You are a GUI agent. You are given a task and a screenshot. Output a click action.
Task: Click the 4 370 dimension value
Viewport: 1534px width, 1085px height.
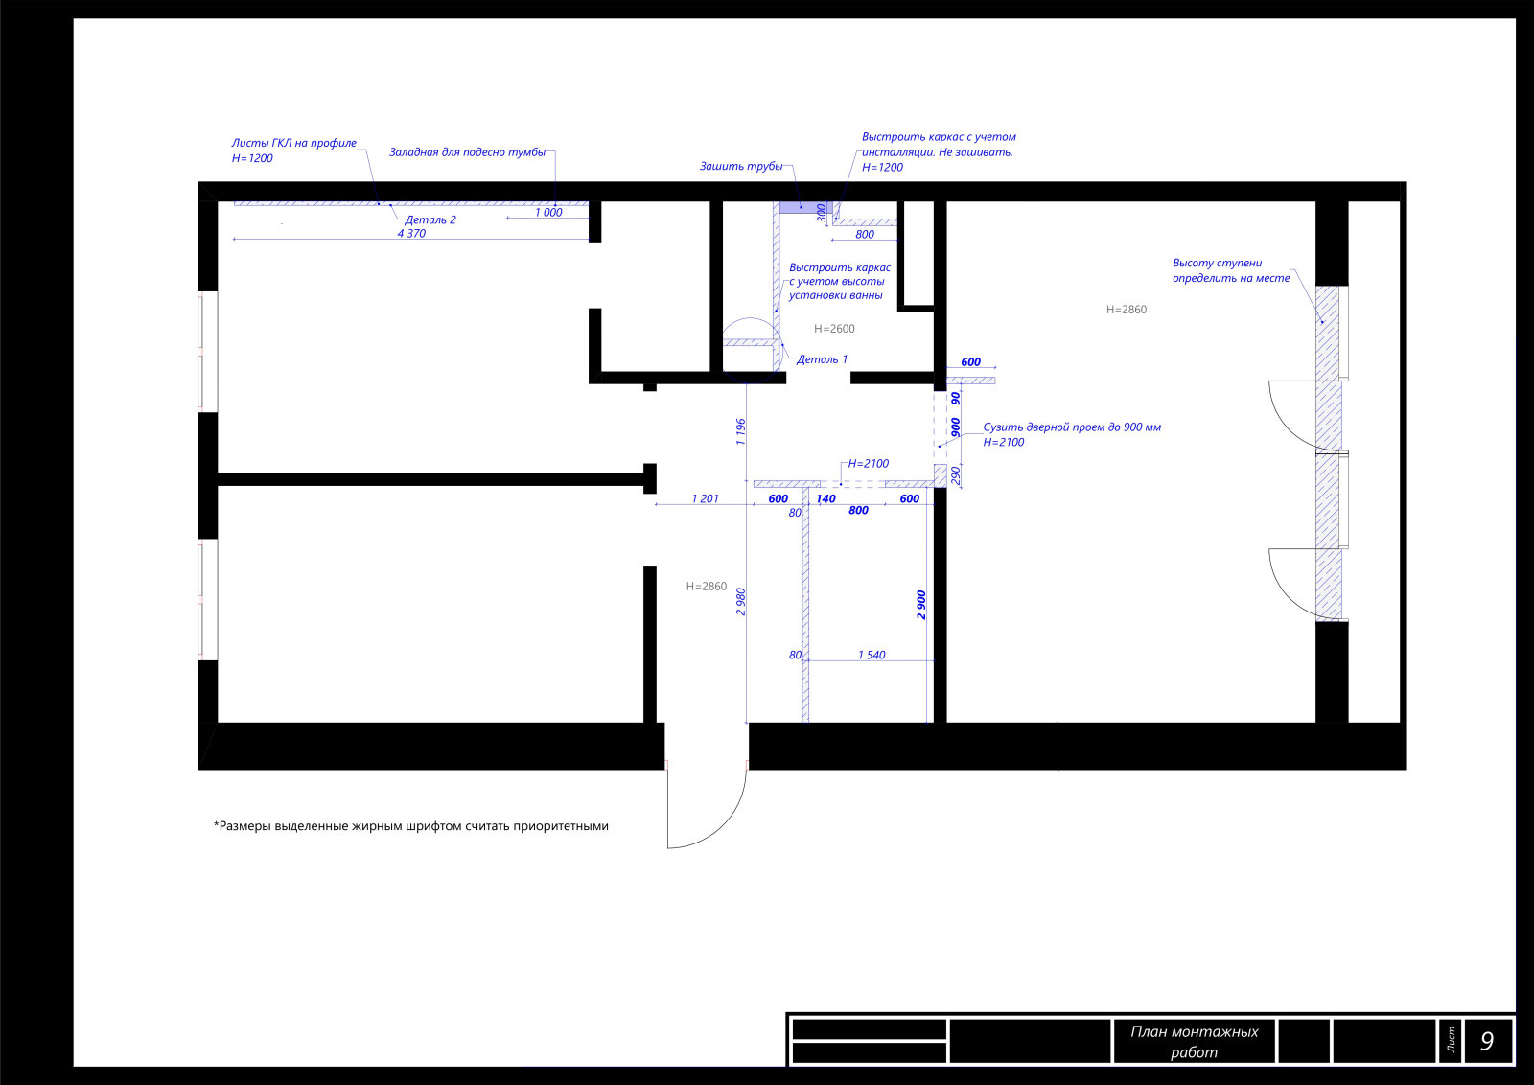click(411, 234)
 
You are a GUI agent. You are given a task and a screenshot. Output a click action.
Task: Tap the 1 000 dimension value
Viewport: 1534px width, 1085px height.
click(548, 212)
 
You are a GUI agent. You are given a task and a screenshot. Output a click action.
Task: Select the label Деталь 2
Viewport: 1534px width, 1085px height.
click(430, 219)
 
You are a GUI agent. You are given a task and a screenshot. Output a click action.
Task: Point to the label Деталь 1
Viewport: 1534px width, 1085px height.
click(822, 359)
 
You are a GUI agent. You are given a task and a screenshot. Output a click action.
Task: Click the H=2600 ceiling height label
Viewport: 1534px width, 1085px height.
click(834, 329)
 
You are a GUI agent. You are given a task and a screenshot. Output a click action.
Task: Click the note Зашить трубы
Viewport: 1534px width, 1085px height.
click(741, 167)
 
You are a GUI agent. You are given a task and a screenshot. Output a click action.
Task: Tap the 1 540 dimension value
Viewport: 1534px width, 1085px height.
click(872, 655)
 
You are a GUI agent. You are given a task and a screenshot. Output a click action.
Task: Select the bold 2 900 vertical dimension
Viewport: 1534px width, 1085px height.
click(921, 605)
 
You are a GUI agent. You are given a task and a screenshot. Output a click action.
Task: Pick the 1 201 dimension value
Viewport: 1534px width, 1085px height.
click(706, 499)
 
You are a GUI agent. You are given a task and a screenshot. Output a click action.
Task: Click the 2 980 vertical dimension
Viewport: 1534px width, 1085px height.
click(740, 602)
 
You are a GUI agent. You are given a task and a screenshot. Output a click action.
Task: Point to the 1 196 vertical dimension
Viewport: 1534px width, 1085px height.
click(740, 432)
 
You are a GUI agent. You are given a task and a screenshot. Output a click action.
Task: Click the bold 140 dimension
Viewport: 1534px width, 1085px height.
click(825, 499)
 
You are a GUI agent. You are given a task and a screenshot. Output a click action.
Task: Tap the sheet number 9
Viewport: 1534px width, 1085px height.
click(1487, 1041)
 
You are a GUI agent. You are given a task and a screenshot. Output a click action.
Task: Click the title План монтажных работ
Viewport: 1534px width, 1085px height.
click(1195, 1042)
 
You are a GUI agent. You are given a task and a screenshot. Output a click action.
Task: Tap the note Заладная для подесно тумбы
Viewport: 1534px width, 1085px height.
click(468, 152)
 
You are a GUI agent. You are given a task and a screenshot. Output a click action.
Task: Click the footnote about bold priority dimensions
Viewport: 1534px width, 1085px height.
click(411, 826)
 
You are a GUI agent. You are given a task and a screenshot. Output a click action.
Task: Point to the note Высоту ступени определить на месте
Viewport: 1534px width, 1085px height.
click(1231, 270)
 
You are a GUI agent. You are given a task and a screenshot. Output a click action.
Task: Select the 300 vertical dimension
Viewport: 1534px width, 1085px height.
click(822, 213)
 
